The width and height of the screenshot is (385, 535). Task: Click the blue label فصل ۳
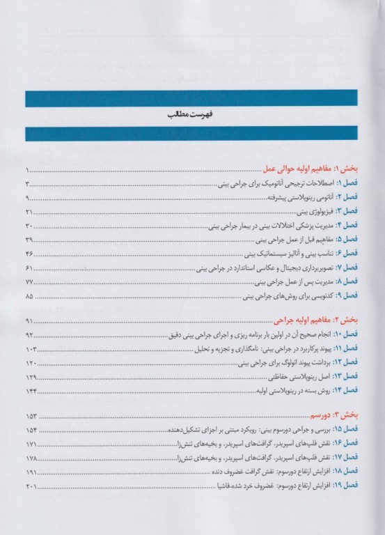(x=348, y=211)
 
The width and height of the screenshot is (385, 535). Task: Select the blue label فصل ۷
(x=348, y=267)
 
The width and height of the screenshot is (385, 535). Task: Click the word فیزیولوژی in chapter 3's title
(x=311, y=211)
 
